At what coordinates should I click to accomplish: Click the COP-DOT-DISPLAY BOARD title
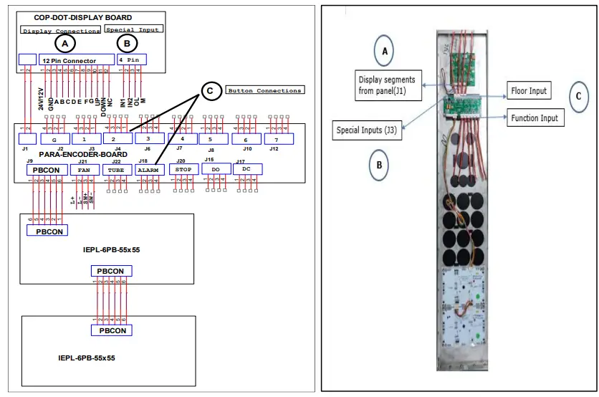(83, 17)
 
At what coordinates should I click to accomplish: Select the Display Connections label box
(61, 31)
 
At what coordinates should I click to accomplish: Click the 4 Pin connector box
(133, 59)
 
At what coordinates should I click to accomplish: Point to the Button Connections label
(264, 90)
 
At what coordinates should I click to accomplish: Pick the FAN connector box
(84, 170)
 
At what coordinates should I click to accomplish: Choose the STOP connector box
(183, 170)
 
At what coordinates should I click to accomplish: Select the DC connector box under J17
(246, 170)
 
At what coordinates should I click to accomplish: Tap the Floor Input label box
(529, 91)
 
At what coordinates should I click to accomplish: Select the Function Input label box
(535, 119)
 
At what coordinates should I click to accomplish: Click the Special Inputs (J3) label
(367, 131)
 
